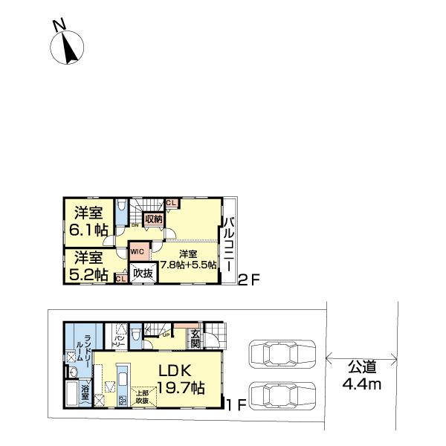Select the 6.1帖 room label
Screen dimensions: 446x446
pos(88,222)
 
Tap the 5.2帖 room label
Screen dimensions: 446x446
pos(88,267)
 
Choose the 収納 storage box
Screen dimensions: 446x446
pos(154,219)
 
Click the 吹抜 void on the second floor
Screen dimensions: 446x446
pos(143,274)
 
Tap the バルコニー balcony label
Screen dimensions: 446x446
pos(229,245)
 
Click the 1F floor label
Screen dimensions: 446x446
pos(236,404)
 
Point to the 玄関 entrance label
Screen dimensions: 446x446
pos(195,339)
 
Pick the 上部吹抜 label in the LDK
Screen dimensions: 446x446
pos(140,396)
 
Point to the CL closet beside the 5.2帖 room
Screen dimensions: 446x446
pos(120,278)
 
